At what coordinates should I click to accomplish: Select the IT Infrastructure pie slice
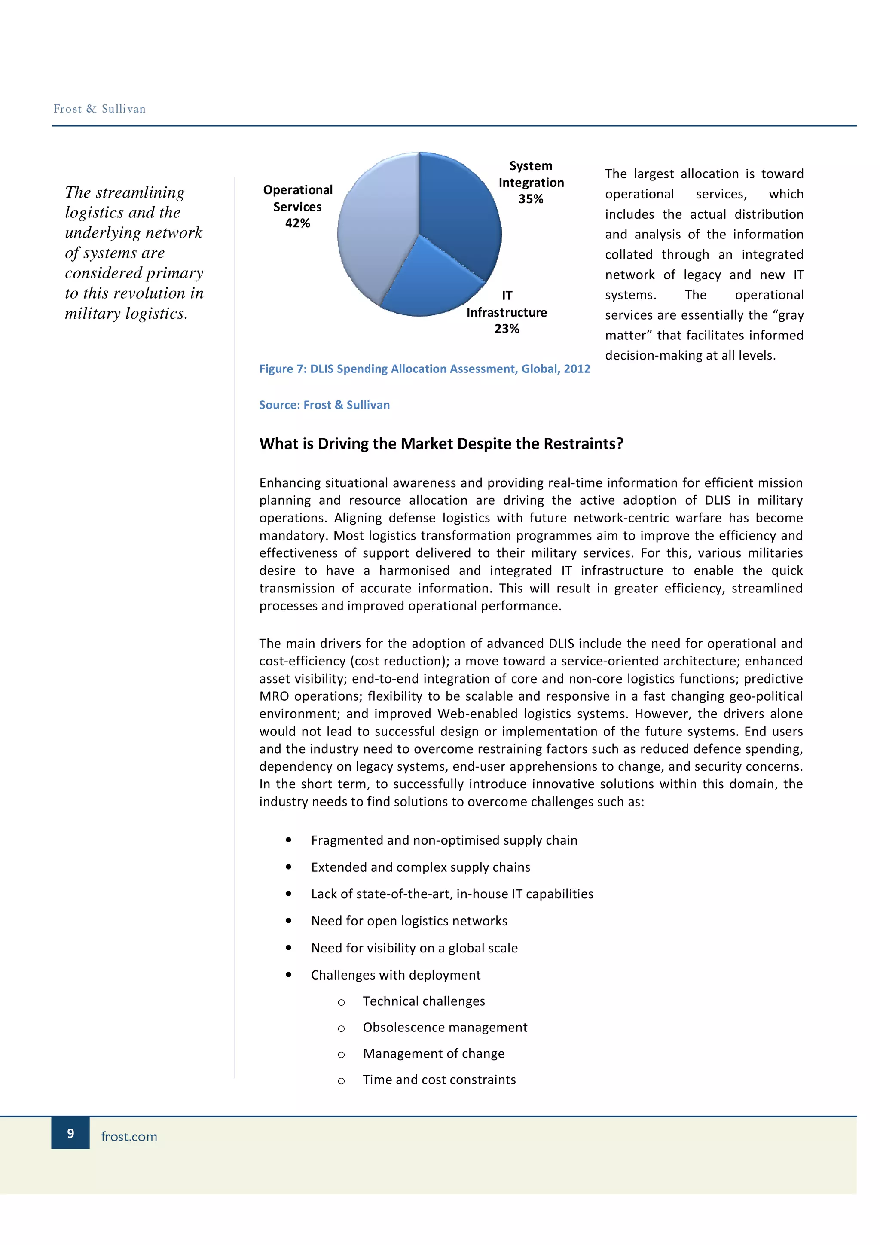click(428, 282)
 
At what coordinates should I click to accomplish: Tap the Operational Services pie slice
click(374, 233)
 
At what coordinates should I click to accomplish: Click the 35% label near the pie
click(530, 199)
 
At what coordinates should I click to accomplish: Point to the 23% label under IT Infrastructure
click(507, 329)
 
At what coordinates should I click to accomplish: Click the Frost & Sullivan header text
click(99, 109)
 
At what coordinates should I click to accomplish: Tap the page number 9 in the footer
click(70, 1133)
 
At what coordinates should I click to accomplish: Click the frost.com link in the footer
click(129, 1137)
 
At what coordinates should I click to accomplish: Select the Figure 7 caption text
click(424, 369)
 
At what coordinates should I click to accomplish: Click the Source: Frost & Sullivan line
click(324, 405)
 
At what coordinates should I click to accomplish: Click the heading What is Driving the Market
click(441, 443)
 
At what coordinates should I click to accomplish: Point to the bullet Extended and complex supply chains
click(420, 867)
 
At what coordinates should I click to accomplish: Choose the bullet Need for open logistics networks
click(409, 921)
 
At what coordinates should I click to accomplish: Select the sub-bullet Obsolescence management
click(445, 1028)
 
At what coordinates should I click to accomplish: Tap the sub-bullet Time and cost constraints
click(439, 1080)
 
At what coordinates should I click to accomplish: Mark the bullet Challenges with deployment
click(395, 975)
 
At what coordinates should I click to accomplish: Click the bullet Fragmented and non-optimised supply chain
click(443, 840)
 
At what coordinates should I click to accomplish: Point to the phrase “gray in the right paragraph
click(789, 315)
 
